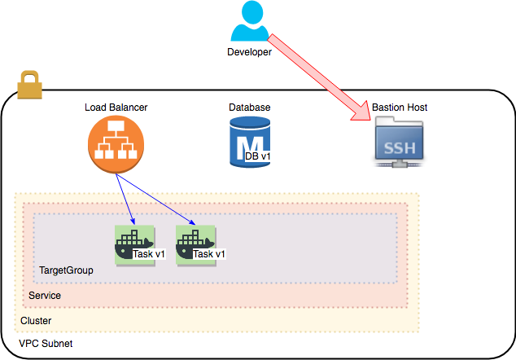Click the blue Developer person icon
point(250,20)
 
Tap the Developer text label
point(249,52)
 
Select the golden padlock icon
point(29,85)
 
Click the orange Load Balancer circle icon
point(116,144)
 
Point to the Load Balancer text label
point(116,108)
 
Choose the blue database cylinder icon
point(250,142)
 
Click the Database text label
point(249,108)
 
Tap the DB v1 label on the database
point(258,156)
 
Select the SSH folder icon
point(399,142)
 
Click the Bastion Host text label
point(400,108)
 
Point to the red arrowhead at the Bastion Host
point(361,112)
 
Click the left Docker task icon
point(135,245)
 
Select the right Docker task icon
point(196,245)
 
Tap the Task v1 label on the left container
point(149,254)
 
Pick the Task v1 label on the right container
point(209,254)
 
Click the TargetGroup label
point(66,270)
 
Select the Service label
point(45,296)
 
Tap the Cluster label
point(36,321)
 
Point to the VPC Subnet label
point(46,344)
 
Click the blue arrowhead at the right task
point(193,223)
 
